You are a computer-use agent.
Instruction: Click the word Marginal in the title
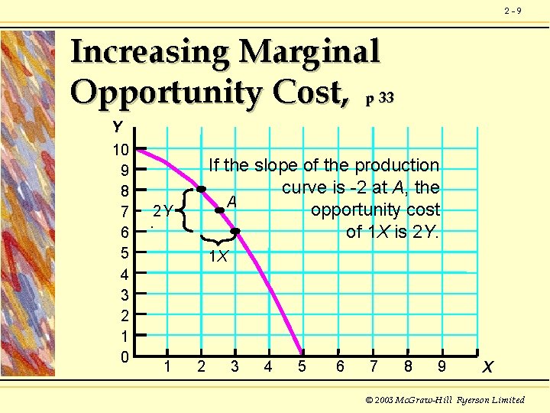coord(309,52)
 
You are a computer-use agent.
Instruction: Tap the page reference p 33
coord(379,98)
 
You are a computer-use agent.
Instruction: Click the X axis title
coord(487,368)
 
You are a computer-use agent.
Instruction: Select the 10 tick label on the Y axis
coord(121,148)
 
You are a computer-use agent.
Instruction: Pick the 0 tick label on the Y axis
coord(125,356)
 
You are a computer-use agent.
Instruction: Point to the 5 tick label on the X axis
coord(302,366)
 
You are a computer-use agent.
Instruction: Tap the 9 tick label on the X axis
coord(442,366)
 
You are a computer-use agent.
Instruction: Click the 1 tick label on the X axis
coord(167,366)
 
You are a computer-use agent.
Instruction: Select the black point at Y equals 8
coord(201,189)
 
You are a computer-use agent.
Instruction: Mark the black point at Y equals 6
coord(235,231)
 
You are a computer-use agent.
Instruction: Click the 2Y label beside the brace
coord(162,210)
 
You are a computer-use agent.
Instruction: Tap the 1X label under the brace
coord(218,257)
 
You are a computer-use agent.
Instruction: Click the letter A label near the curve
coord(231,201)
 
